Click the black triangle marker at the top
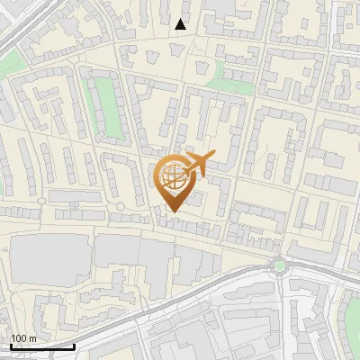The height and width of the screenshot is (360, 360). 181,24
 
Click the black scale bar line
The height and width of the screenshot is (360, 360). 42,346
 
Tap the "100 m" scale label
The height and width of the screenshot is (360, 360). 23,338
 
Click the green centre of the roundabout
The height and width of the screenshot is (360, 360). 279,265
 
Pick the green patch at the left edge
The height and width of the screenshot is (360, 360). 9,65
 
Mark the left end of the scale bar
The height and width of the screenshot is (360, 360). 12,346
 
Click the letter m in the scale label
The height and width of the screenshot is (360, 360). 32,338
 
